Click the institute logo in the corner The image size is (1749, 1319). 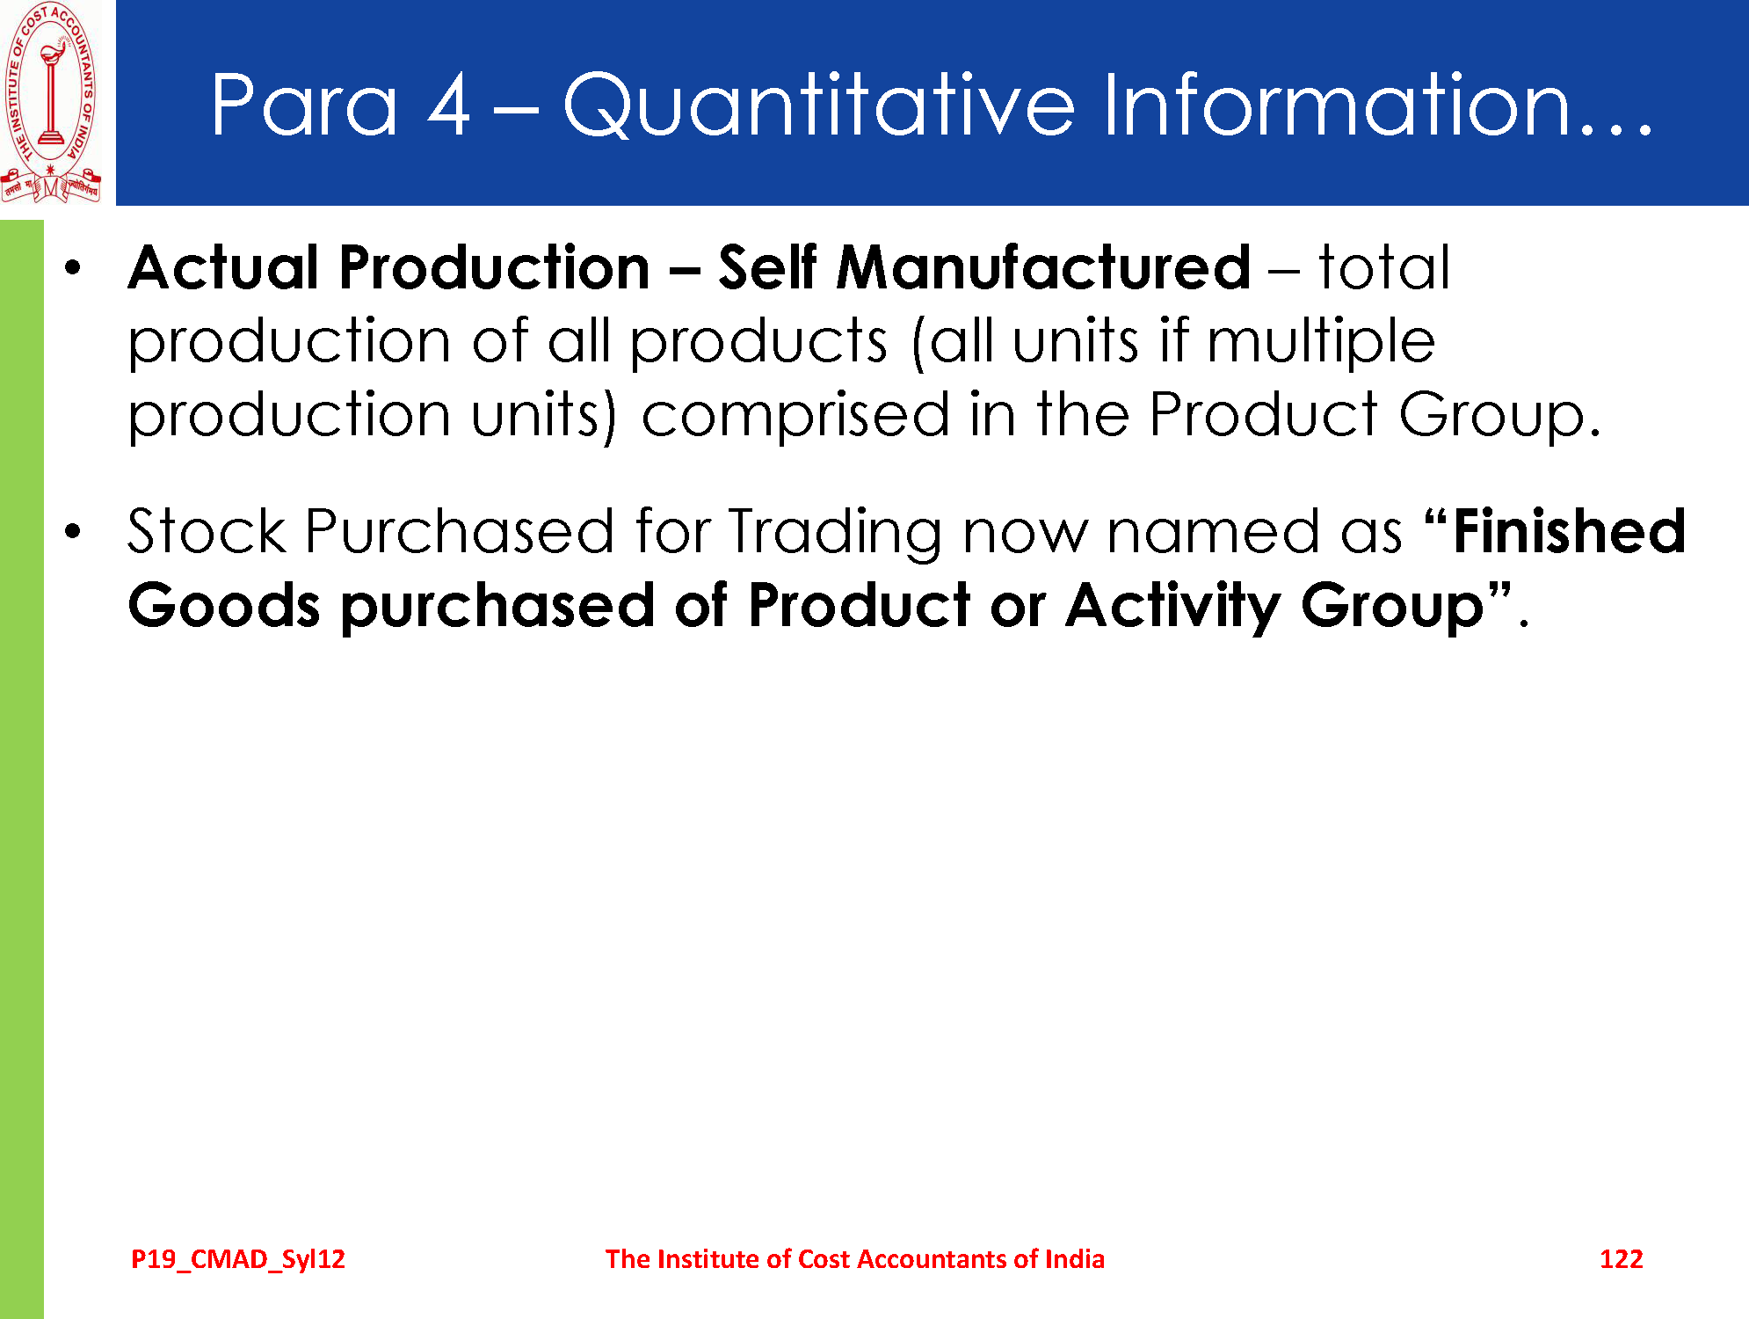pyautogui.click(x=51, y=103)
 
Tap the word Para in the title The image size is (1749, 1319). pyautogui.click(x=305, y=106)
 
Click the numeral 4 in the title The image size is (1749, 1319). pyautogui.click(x=449, y=106)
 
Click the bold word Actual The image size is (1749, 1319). pyautogui.click(x=223, y=267)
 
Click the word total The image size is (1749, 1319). pyautogui.click(x=1384, y=267)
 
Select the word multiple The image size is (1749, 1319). pyautogui.click(x=1321, y=342)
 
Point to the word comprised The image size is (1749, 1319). pyautogui.click(x=795, y=416)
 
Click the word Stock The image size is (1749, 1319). pyautogui.click(x=207, y=531)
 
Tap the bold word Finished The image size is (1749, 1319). pyautogui.click(x=1569, y=531)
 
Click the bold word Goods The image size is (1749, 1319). pyautogui.click(x=224, y=606)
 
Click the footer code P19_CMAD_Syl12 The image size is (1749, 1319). pyautogui.click(x=238, y=1259)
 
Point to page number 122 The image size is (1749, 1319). pyautogui.click(x=1622, y=1259)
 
